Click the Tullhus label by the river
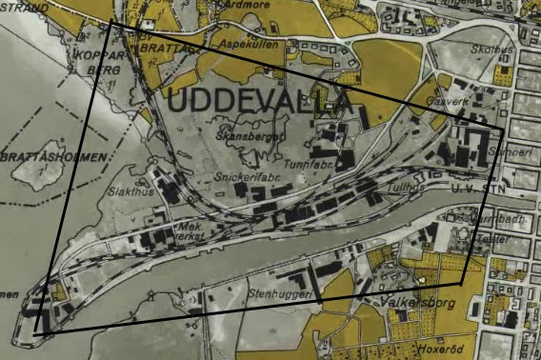[x=406, y=189]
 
